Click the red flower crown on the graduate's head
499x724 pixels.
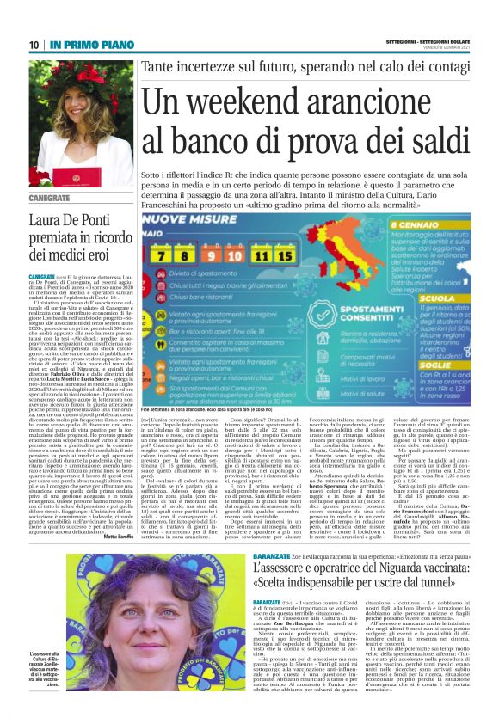point(61,70)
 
